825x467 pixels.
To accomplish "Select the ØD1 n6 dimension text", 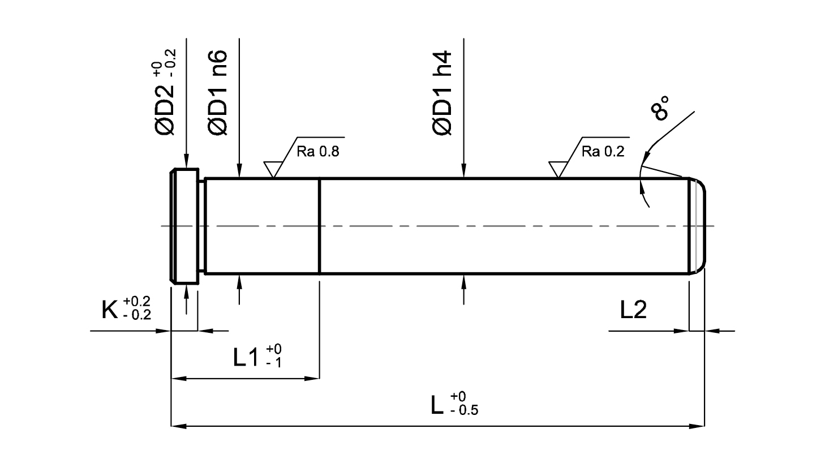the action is click(x=218, y=92).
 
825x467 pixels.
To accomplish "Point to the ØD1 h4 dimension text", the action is click(x=442, y=92).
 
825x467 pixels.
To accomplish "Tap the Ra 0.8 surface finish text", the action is click(x=318, y=152).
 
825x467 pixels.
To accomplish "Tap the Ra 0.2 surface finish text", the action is click(x=603, y=152).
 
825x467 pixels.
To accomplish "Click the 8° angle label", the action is click(x=660, y=108).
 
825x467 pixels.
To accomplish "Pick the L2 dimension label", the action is click(x=633, y=310).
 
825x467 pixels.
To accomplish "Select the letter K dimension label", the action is click(x=110, y=310).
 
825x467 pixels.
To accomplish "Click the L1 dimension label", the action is click(x=246, y=357).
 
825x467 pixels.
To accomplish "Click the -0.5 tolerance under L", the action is click(x=464, y=410).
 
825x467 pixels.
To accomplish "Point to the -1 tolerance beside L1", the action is click(x=274, y=363).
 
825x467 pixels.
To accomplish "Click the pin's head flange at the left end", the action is click(x=184, y=226).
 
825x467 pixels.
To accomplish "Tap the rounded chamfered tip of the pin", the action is click(x=697, y=226).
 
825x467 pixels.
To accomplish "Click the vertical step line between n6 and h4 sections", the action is click(x=319, y=226).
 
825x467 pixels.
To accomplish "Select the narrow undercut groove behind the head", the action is click(x=202, y=226).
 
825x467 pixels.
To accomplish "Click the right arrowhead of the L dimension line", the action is click(x=697, y=426).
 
